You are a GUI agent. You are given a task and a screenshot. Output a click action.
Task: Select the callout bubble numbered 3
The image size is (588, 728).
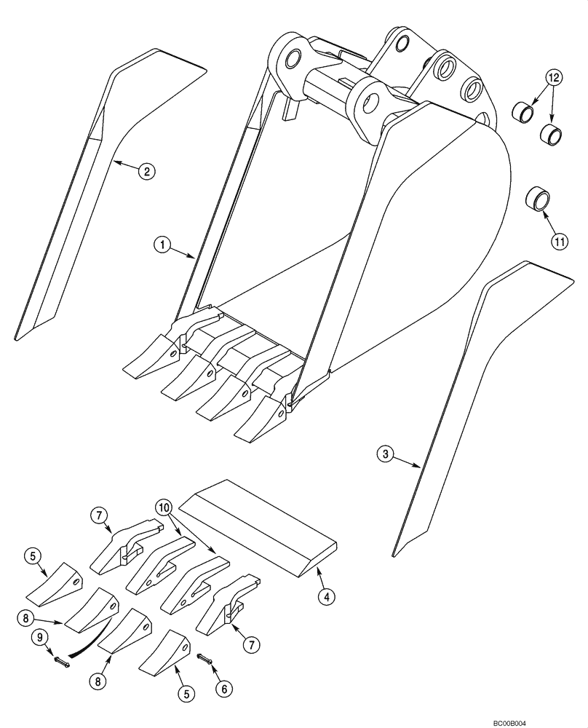click(x=386, y=454)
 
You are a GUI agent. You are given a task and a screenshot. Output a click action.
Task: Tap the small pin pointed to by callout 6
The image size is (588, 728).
click(x=204, y=658)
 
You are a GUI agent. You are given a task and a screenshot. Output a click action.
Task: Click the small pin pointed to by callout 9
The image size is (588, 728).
click(x=60, y=662)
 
